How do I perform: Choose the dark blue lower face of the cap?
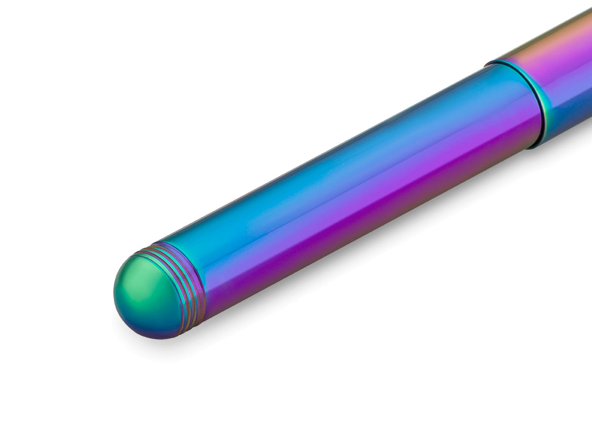(x=567, y=119)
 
